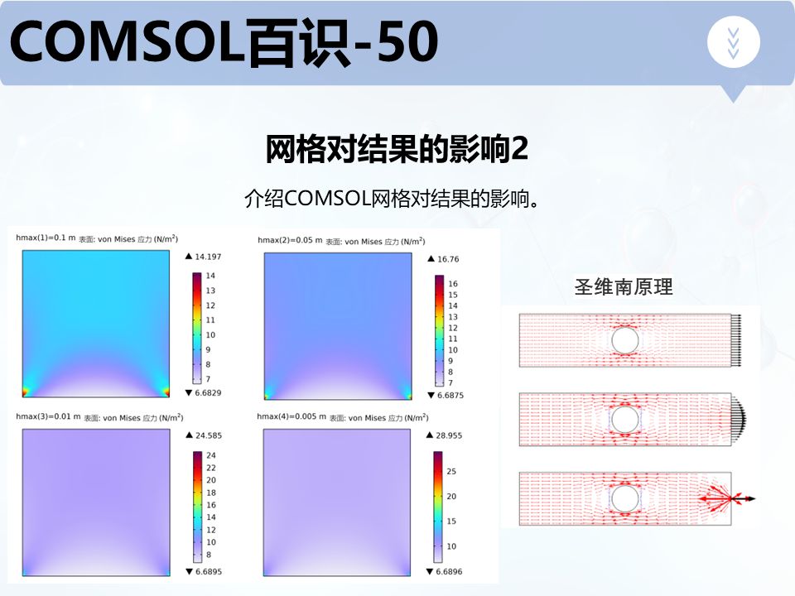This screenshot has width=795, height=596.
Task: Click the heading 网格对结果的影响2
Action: click(x=397, y=150)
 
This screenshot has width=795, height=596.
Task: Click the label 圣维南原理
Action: click(x=624, y=287)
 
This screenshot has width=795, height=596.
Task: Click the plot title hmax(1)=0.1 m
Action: click(x=46, y=238)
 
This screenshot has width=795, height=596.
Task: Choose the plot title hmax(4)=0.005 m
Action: click(x=292, y=416)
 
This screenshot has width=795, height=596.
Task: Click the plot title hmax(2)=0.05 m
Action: click(x=290, y=240)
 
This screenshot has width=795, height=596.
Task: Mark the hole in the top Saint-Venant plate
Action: click(x=624, y=340)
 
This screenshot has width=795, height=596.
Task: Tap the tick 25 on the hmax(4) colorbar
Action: click(x=451, y=471)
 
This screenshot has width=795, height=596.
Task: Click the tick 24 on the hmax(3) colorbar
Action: click(x=210, y=455)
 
